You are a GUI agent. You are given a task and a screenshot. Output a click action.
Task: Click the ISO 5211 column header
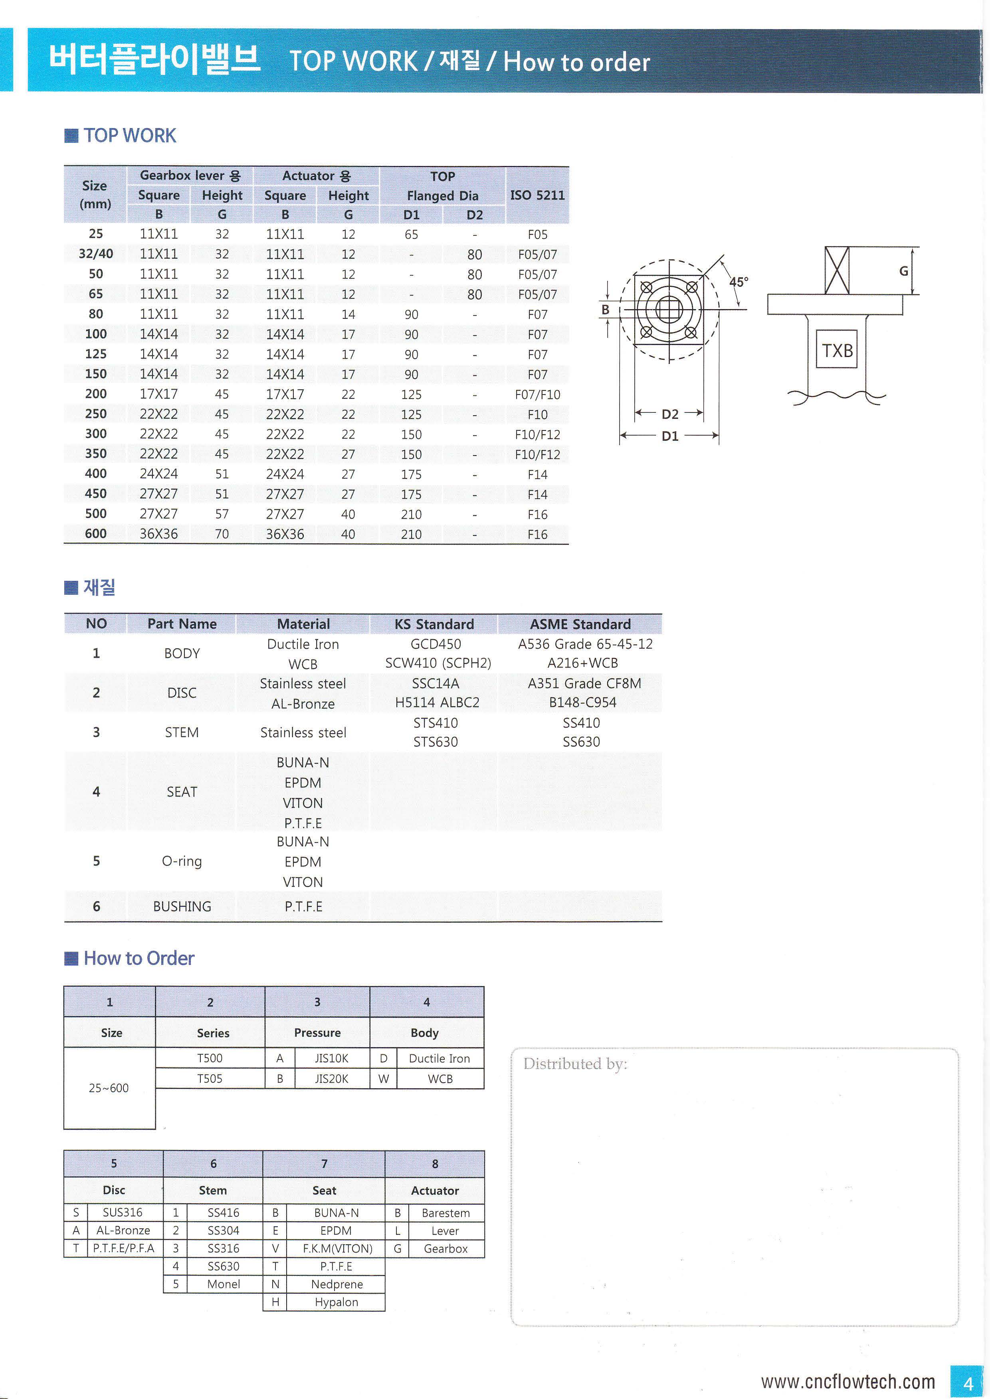pyautogui.click(x=537, y=195)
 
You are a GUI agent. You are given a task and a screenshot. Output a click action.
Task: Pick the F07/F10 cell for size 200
pyautogui.click(x=537, y=394)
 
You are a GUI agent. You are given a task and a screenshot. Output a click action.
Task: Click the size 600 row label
pyautogui.click(x=96, y=534)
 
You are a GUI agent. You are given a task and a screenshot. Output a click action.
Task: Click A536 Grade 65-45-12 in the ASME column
pyautogui.click(x=584, y=644)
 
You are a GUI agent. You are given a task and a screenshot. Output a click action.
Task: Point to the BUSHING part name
pyautogui.click(x=182, y=907)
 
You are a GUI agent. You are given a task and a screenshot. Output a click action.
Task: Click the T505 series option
pyautogui.click(x=210, y=1079)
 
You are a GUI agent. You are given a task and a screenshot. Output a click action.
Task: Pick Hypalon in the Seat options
pyautogui.click(x=336, y=1302)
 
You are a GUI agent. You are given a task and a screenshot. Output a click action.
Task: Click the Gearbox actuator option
pyautogui.click(x=445, y=1249)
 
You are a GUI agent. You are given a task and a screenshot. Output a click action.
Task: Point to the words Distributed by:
pyautogui.click(x=575, y=1064)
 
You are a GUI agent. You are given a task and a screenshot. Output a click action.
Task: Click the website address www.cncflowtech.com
pyautogui.click(x=847, y=1381)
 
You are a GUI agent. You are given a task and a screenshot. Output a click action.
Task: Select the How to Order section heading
pyautogui.click(x=139, y=959)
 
